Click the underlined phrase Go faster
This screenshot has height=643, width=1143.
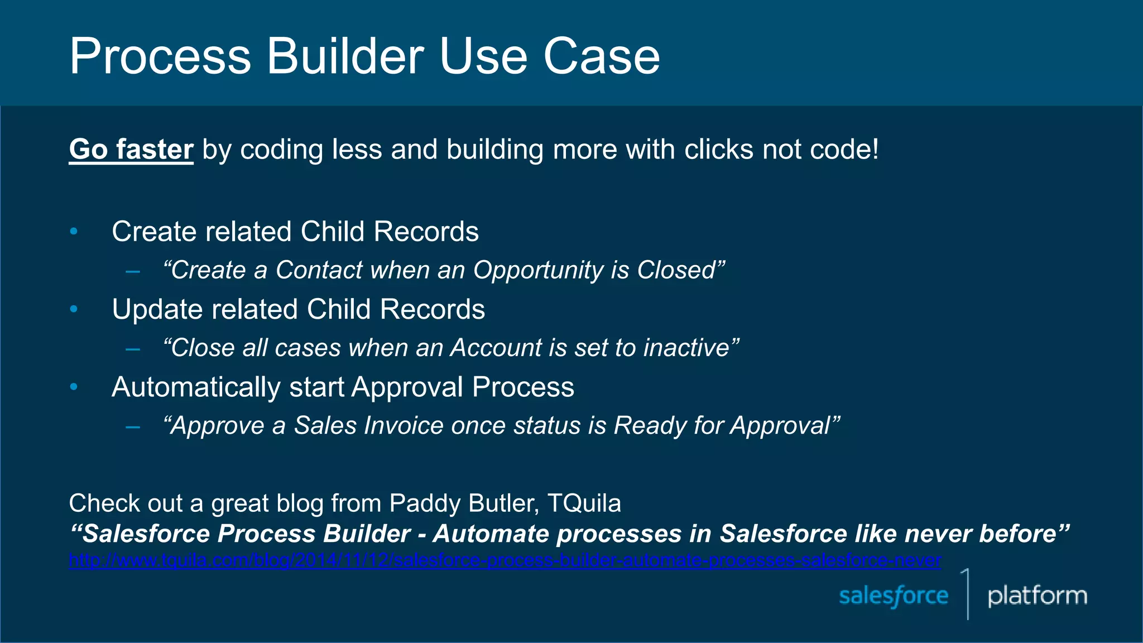[x=131, y=150]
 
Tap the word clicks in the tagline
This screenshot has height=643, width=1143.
[x=719, y=150]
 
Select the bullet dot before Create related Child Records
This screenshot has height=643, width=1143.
[x=74, y=231]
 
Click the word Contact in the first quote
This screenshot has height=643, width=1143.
[x=319, y=270]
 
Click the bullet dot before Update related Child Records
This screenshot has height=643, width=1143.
[x=74, y=309]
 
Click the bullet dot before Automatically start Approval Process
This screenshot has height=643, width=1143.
[x=74, y=386]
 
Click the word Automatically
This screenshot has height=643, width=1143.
[x=195, y=387]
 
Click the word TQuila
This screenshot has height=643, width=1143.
[x=584, y=503]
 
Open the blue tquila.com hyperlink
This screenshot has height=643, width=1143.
[x=505, y=560]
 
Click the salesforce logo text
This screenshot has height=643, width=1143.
[x=894, y=596]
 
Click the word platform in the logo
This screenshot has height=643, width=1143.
[x=1037, y=596]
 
